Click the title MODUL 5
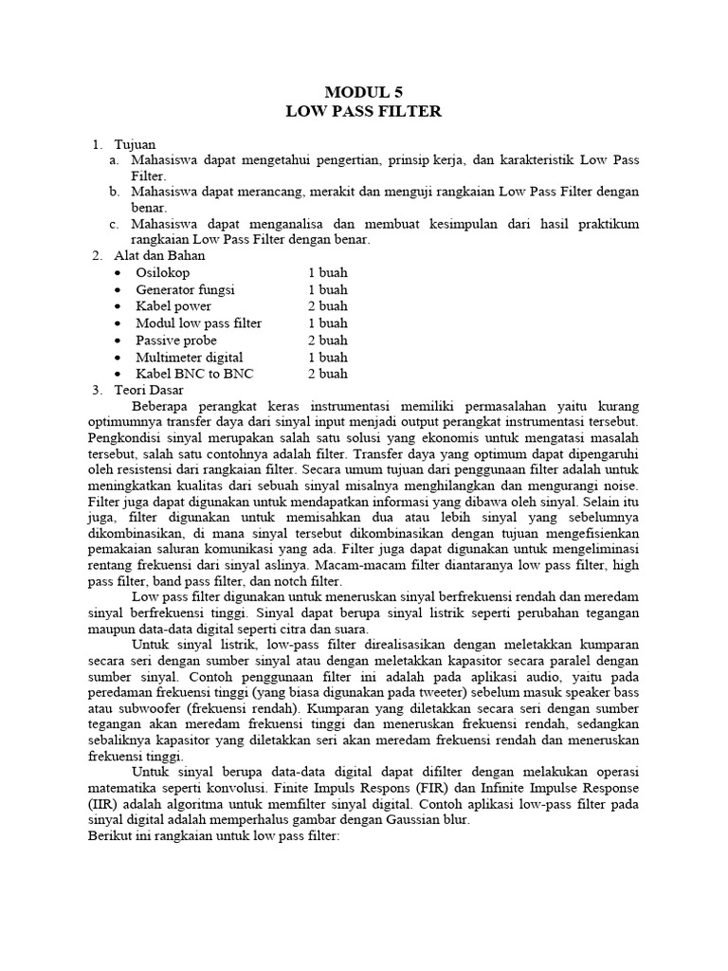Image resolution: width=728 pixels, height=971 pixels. pos(363,92)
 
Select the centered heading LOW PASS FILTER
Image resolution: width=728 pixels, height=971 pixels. pos(364,111)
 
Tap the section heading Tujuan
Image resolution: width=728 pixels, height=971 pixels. pos(135,144)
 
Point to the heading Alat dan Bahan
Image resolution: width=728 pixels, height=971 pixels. pos(159,255)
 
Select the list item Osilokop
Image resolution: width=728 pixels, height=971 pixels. pos(163,272)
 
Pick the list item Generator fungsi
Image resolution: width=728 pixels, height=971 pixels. pos(185,289)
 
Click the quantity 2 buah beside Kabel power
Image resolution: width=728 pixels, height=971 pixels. pos(327,306)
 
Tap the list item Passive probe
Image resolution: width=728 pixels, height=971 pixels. pos(176,339)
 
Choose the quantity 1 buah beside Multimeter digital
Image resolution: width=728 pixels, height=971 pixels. pos(327,357)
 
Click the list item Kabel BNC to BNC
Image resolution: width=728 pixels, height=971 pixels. pos(194,374)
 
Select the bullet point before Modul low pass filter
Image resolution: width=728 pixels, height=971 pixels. pos(116,323)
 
